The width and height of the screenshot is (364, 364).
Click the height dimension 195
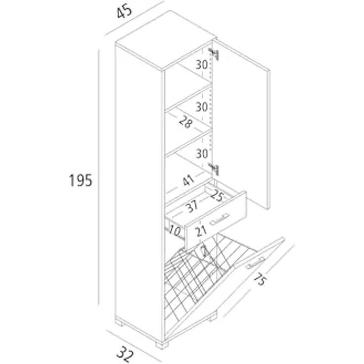pos(81,181)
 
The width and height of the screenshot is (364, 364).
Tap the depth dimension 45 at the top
pos(124,11)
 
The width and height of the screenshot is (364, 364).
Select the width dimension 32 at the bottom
pos(125,354)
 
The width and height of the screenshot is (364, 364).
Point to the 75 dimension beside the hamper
pos(260,279)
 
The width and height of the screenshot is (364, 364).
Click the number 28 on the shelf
pos(186,122)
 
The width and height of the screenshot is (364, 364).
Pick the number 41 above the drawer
pos(188,181)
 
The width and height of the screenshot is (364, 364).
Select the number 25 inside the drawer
pos(217,196)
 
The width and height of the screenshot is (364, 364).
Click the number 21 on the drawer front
pos(201,231)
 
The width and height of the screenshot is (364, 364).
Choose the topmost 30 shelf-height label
pos(202,64)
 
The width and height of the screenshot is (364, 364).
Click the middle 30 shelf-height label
pos(202,107)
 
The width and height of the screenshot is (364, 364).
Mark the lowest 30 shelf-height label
pos(202,153)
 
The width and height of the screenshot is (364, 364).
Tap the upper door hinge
pos(214,54)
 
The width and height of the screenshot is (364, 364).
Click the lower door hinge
pos(214,169)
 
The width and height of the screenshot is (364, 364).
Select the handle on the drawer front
pos(220,220)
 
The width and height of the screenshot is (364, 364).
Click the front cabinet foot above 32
pos(162,345)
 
